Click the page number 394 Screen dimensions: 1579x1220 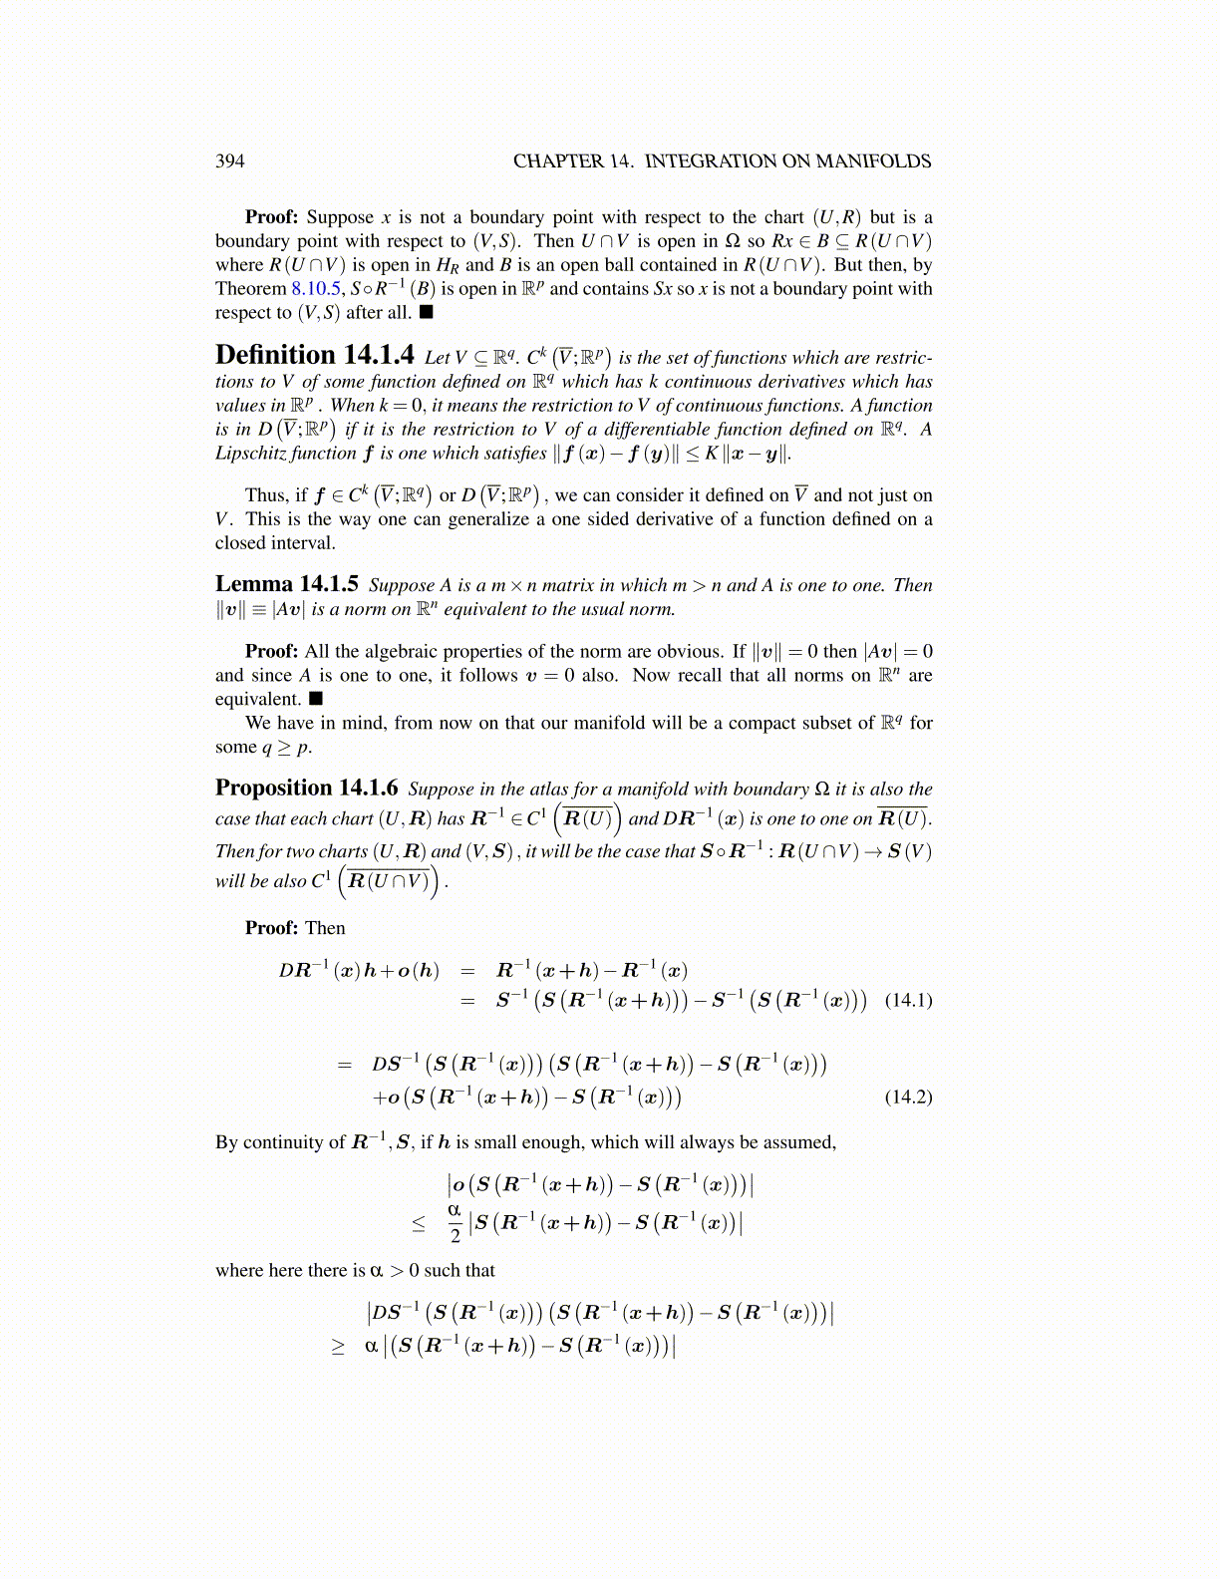tap(229, 161)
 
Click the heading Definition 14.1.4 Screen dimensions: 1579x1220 tap(314, 356)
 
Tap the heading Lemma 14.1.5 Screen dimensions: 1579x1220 tap(286, 584)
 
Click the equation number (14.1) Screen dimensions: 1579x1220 tap(908, 1000)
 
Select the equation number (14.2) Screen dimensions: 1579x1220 tap(908, 1097)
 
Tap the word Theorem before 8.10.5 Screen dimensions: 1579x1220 tap(250, 289)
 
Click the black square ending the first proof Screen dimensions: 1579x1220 tap(427, 313)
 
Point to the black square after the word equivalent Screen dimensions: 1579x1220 tap(316, 699)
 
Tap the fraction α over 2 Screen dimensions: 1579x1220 tap(455, 1222)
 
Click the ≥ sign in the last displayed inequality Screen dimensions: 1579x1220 tap(338, 1346)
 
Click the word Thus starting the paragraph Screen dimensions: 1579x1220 tap(265, 495)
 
